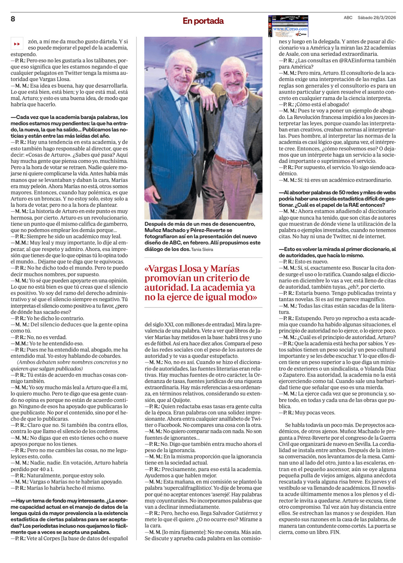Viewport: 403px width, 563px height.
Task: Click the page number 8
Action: pos(13,19)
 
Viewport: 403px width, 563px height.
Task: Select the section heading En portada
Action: pos(203,21)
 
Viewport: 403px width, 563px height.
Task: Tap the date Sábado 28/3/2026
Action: pos(376,18)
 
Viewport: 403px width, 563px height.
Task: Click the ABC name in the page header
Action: pos(348,18)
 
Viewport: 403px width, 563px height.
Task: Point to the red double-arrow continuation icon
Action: pos(17,43)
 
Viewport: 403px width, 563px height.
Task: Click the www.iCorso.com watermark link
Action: pos(290,29)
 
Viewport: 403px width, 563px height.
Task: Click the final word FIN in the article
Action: pos(335,532)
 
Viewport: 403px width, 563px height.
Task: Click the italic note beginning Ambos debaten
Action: pos(69,365)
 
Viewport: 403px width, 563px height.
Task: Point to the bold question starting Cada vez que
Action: pos(69,126)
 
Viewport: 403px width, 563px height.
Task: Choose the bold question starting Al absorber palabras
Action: pos(337,199)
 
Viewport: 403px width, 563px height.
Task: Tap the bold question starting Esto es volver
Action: pos(337,252)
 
